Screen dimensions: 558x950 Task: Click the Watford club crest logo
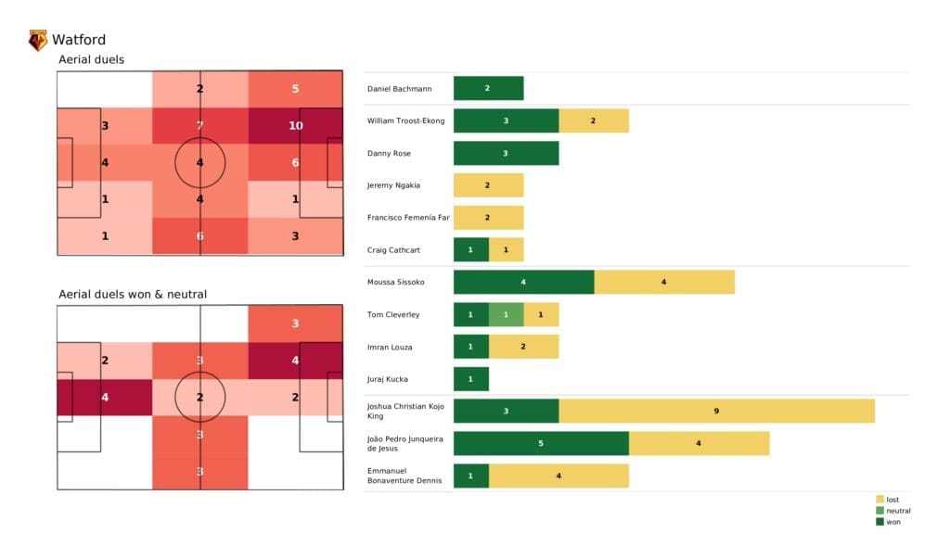pyautogui.click(x=38, y=40)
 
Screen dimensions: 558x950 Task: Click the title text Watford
pyautogui.click(x=79, y=40)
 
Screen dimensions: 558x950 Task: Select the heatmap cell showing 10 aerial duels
pyautogui.click(x=296, y=125)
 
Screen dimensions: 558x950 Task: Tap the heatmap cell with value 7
pyautogui.click(x=199, y=125)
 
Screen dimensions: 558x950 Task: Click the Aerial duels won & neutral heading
pyautogui.click(x=133, y=295)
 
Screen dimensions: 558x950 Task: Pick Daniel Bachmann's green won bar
pyautogui.click(x=488, y=89)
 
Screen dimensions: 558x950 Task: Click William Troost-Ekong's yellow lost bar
pyautogui.click(x=594, y=121)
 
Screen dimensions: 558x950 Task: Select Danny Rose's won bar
pyautogui.click(x=506, y=153)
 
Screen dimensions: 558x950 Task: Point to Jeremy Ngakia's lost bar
pyautogui.click(x=488, y=185)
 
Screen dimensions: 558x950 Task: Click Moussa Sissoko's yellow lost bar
pyautogui.click(x=664, y=283)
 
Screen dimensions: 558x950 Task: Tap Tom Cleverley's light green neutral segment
pyautogui.click(x=506, y=315)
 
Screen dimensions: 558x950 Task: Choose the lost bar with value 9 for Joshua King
pyautogui.click(x=716, y=411)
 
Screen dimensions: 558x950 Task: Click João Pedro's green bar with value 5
pyautogui.click(x=541, y=444)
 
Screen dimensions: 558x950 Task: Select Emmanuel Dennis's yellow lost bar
pyautogui.click(x=558, y=476)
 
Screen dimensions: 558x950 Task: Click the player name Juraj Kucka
pyautogui.click(x=389, y=379)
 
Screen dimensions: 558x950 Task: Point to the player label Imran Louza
pyautogui.click(x=390, y=347)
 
